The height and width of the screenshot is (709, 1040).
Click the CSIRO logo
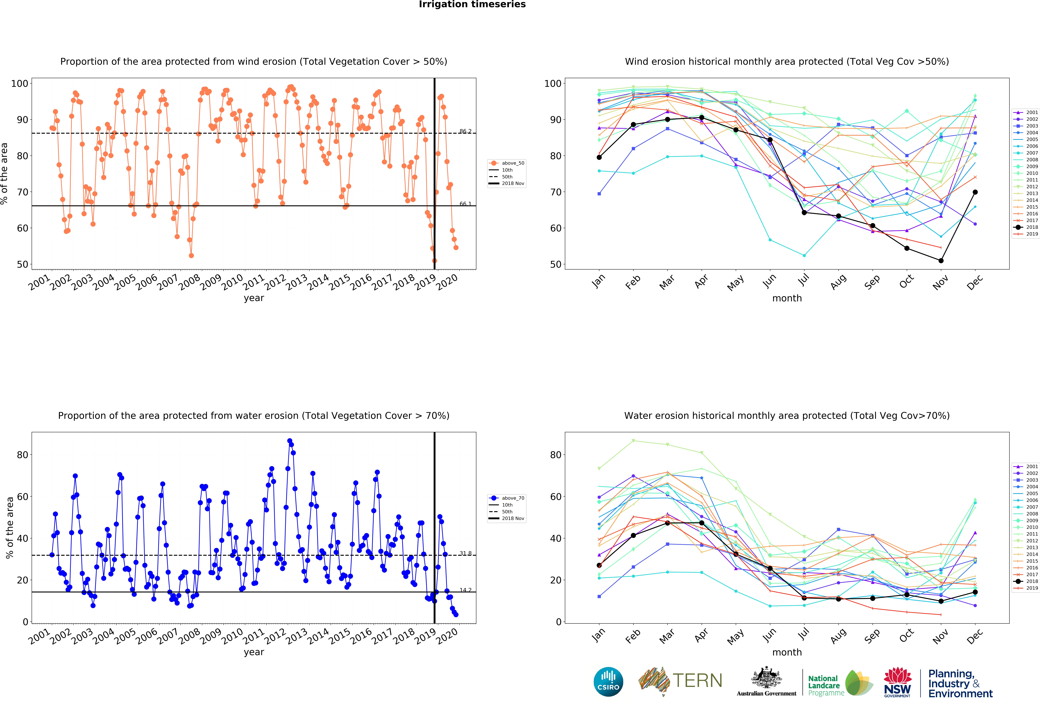pyautogui.click(x=608, y=682)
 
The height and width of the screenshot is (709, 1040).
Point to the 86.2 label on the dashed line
pyautogui.click(x=465, y=131)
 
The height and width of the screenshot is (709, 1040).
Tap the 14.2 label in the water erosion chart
pyautogui.click(x=465, y=590)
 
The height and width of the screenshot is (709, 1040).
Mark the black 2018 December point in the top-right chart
pyautogui.click(x=975, y=192)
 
